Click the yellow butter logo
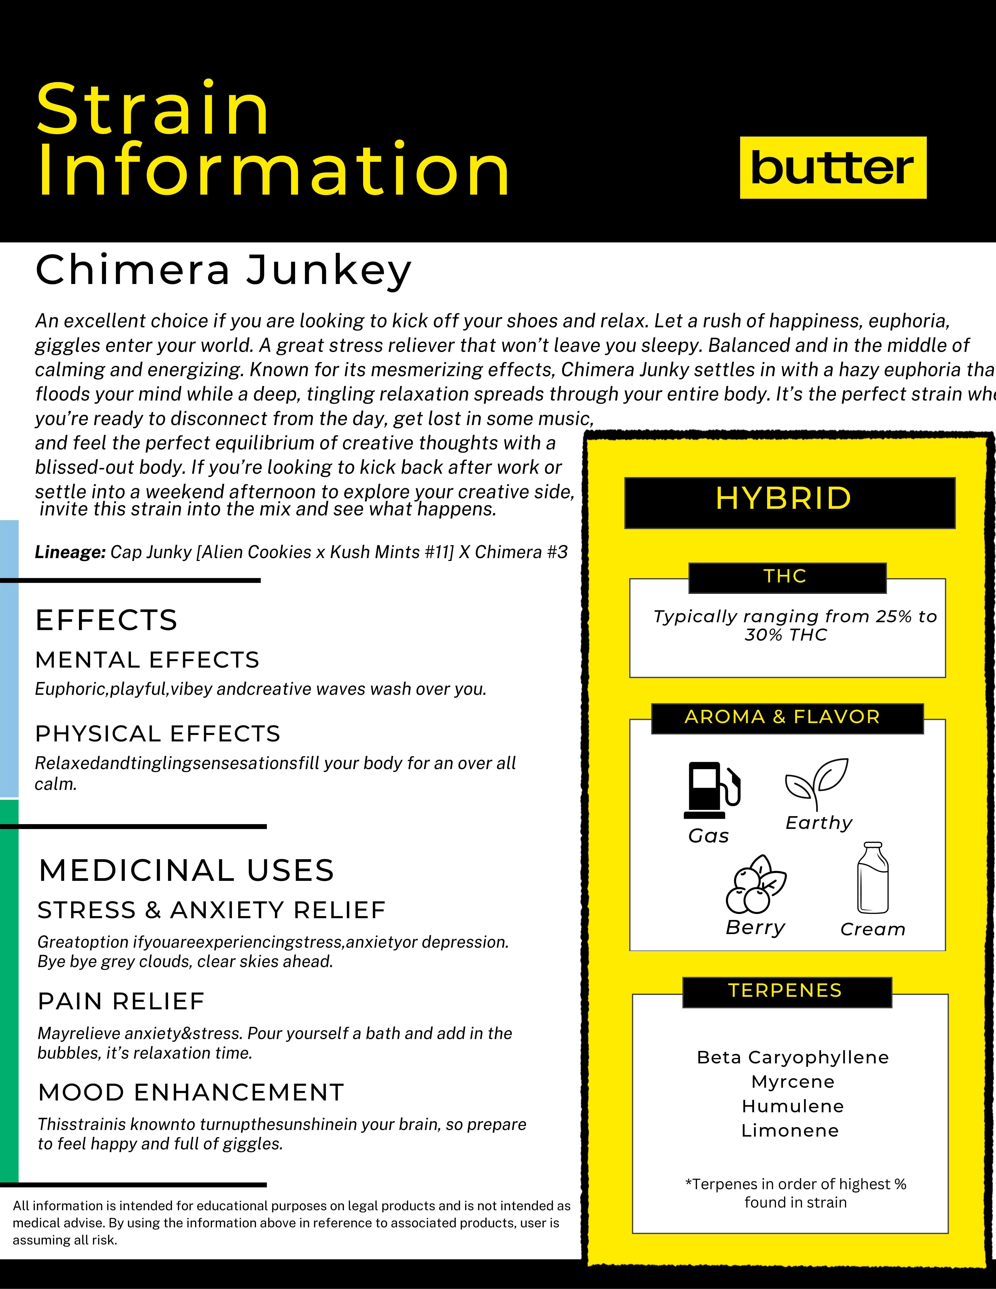(x=832, y=168)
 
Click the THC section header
(x=786, y=577)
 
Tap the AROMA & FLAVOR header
(x=786, y=717)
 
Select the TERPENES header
(x=786, y=991)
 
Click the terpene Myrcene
(x=792, y=1082)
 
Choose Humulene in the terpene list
(x=792, y=1106)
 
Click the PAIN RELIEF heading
(x=121, y=1002)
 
